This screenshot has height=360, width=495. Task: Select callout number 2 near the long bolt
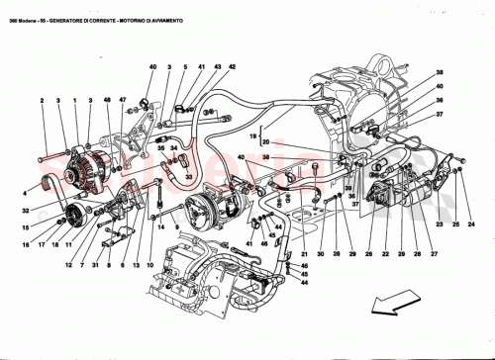click(42, 100)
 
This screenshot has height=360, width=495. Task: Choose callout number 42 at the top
click(231, 66)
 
